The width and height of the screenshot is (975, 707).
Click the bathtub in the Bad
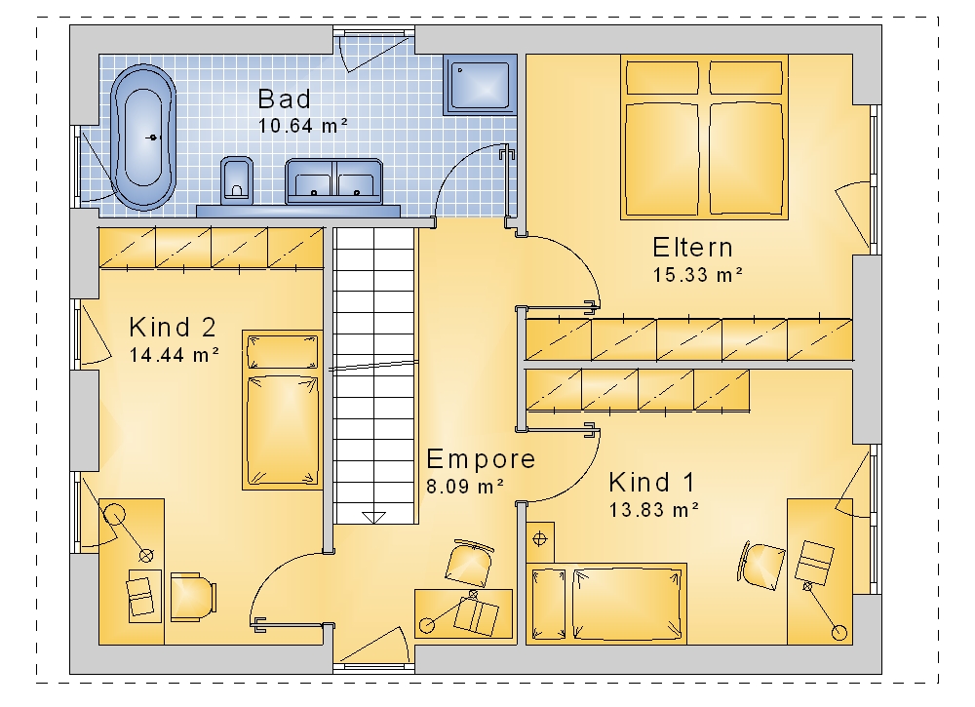(143, 137)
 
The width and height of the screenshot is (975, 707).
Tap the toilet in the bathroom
(236, 180)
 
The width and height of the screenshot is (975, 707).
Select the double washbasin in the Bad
(333, 181)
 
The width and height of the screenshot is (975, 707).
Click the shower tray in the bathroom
(480, 85)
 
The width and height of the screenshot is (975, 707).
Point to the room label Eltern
(692, 248)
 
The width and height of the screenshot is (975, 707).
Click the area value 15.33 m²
(698, 274)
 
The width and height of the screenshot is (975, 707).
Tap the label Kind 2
(173, 327)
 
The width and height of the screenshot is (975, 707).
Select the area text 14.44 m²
(175, 354)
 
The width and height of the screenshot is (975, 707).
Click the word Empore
(481, 459)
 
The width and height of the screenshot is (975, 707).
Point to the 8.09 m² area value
(464, 487)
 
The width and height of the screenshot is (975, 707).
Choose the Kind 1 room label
(651, 483)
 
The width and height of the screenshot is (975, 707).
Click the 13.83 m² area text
(654, 510)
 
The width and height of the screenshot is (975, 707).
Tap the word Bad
(284, 98)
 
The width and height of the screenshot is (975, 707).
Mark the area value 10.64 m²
(303, 126)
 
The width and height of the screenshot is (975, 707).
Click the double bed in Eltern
(704, 137)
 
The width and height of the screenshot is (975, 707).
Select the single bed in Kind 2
(283, 411)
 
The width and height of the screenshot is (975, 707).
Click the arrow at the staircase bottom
(373, 518)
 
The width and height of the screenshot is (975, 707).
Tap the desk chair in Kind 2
(193, 596)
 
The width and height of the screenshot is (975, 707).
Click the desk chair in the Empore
(469, 563)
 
